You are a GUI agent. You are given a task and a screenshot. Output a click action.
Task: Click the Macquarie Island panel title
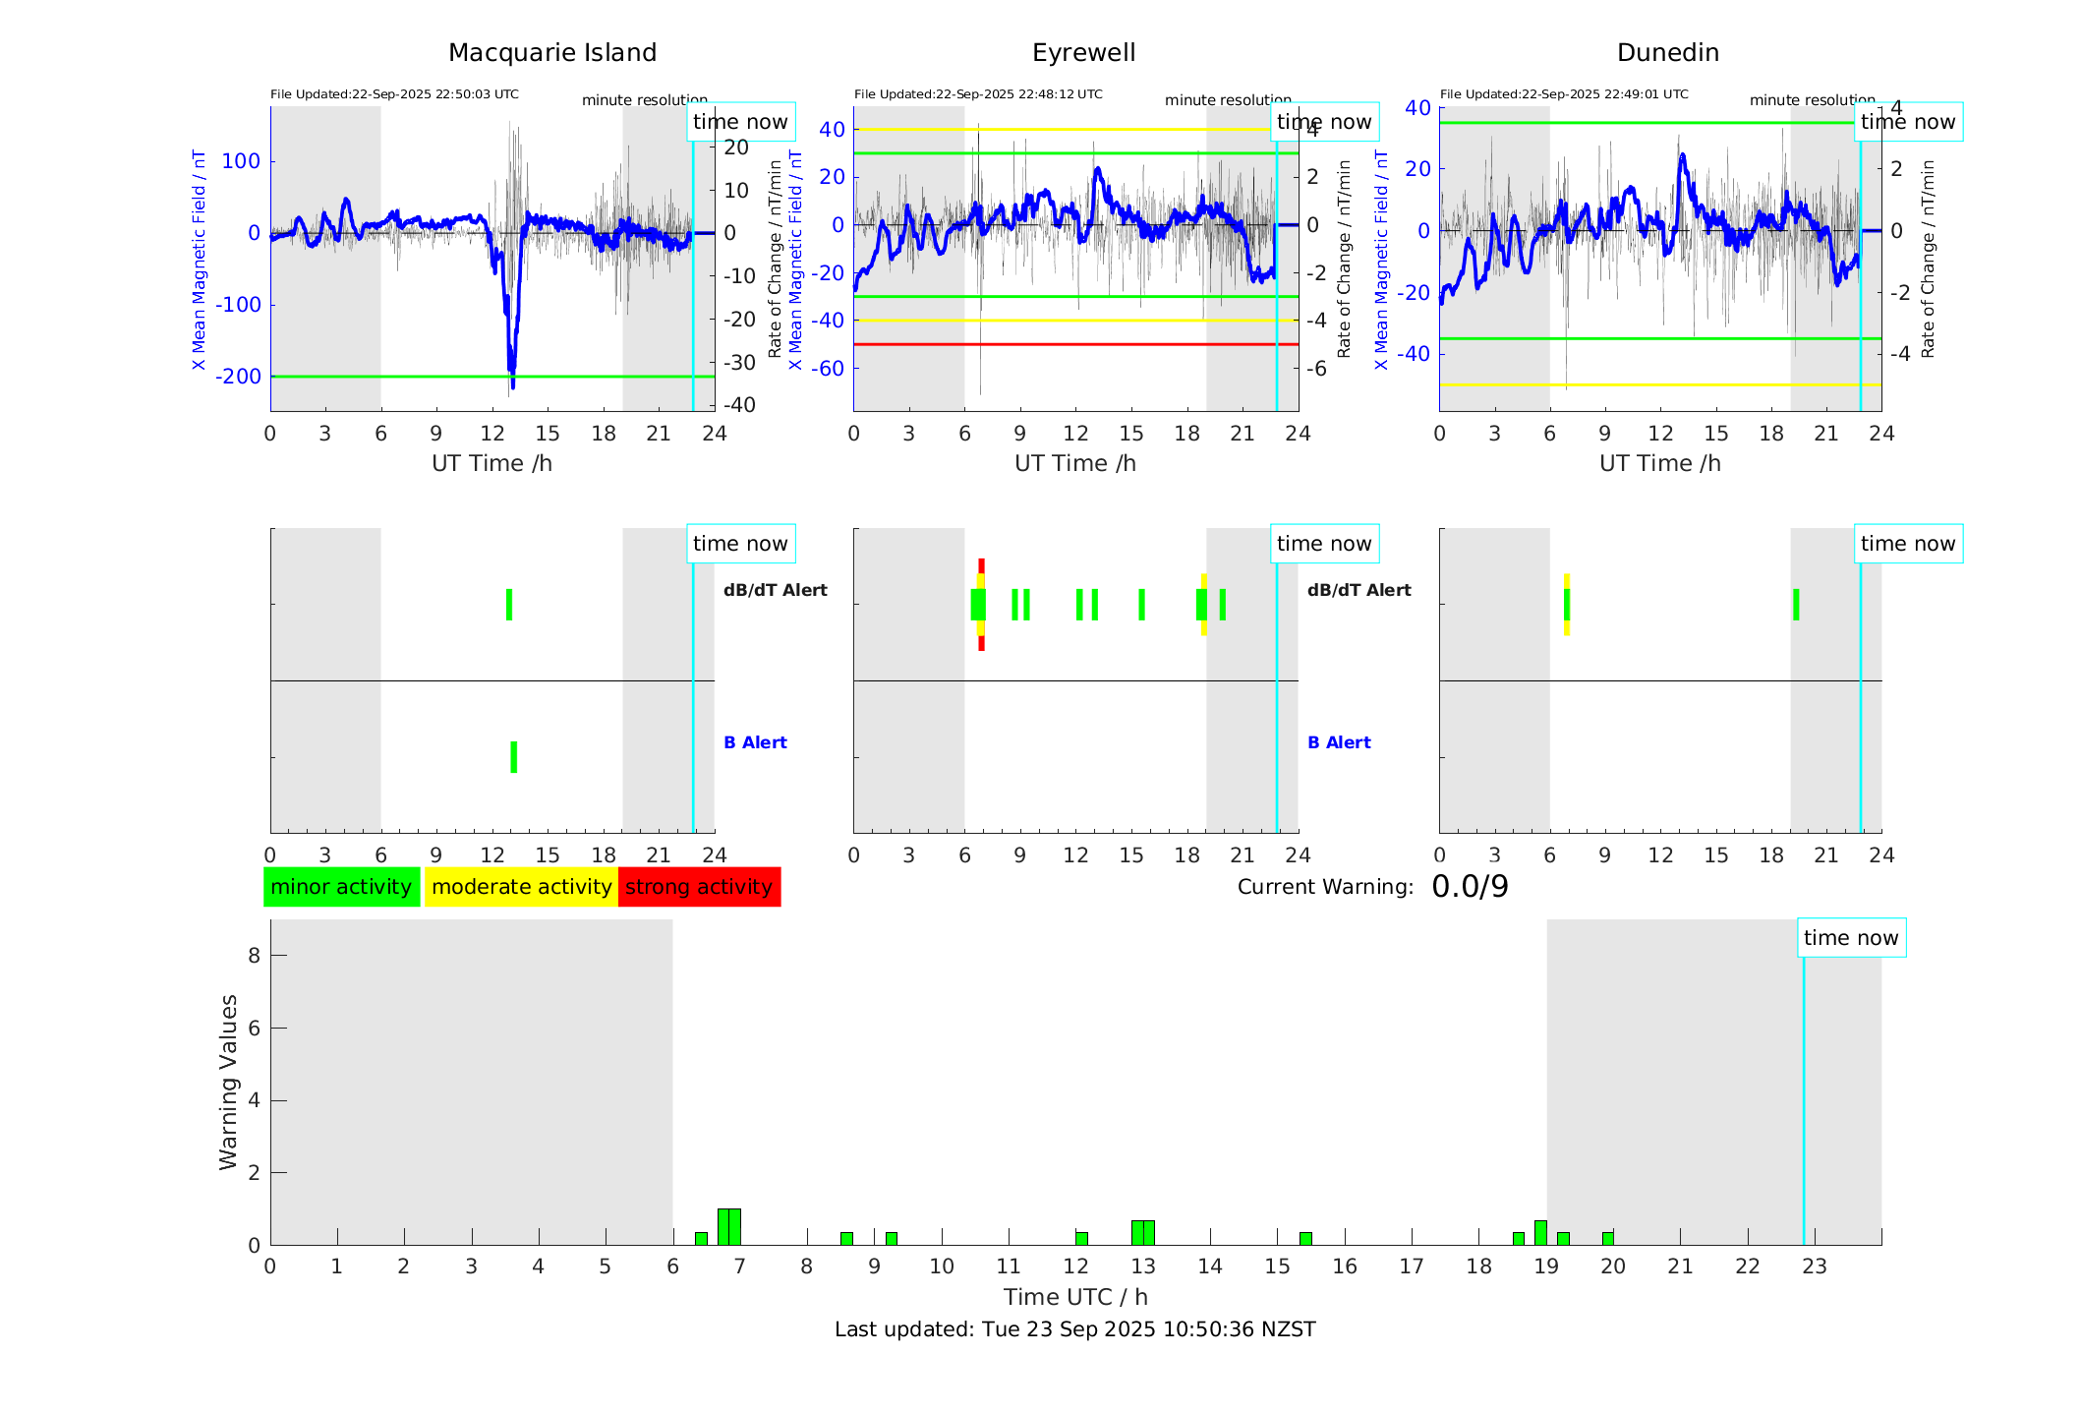551,53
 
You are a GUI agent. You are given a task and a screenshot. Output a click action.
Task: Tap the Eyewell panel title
1083,53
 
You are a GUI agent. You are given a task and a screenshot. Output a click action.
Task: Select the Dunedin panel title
1667,53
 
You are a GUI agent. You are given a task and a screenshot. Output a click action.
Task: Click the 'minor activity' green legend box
341,887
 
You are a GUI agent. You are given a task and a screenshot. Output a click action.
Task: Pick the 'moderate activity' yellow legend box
521,887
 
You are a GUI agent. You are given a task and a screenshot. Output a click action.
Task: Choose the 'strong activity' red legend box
699,887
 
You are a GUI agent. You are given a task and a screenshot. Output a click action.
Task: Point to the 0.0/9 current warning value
1470,887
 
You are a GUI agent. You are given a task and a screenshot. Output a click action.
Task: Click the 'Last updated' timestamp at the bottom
1074,1329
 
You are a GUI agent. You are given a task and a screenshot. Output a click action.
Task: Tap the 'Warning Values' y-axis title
228,1082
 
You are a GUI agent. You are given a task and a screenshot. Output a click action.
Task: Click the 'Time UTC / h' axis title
1074,1297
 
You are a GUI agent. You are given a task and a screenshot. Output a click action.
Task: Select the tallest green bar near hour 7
729,1227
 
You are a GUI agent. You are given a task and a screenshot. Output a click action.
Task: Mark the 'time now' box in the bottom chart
1851,938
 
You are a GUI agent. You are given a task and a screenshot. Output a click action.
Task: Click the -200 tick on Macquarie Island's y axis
239,377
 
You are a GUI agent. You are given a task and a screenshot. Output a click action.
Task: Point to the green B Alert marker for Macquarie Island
513,757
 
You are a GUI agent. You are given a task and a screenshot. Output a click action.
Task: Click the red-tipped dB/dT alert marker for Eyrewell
981,605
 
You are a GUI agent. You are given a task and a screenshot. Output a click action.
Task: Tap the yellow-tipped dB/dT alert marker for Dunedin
1566,605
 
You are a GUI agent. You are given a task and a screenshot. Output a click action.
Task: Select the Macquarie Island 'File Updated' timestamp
394,94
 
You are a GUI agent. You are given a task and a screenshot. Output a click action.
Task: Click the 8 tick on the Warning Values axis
255,955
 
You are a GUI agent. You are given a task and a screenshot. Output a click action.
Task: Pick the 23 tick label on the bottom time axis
1814,1266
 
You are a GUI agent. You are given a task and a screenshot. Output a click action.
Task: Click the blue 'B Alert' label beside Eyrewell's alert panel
1339,742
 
